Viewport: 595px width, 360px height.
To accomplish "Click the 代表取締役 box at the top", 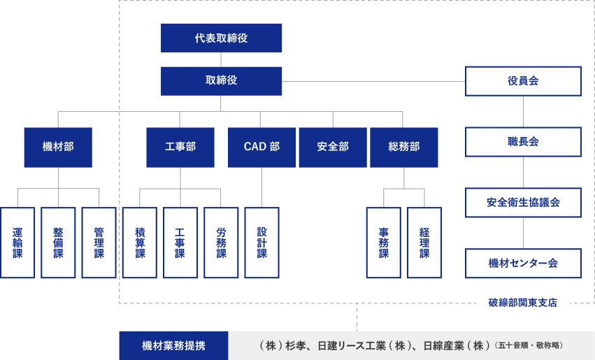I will [x=221, y=38].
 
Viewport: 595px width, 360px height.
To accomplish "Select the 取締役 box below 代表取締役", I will [x=221, y=80].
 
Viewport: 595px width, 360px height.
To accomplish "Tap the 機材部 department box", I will [x=58, y=147].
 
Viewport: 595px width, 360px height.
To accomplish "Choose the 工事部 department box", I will [x=180, y=147].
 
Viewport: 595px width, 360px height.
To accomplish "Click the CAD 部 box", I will [x=261, y=147].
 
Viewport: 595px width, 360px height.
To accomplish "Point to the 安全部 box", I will [x=332, y=147].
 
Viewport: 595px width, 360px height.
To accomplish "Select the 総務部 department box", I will [x=403, y=147].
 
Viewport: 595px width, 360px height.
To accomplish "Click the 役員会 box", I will [x=523, y=80].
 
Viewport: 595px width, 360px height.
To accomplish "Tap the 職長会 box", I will [x=523, y=142].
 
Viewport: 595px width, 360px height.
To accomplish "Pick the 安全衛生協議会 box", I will [x=523, y=203].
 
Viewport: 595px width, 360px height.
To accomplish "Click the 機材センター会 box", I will [x=523, y=264].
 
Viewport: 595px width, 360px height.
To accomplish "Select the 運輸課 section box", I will [x=17, y=243].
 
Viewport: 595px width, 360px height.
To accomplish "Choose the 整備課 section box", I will [x=58, y=243].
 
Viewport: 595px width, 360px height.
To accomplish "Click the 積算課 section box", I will [x=140, y=243].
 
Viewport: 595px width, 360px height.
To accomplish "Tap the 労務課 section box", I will [x=221, y=243].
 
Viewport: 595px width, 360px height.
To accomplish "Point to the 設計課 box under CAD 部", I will [x=261, y=243].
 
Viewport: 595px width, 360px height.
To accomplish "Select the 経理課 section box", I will [x=424, y=243].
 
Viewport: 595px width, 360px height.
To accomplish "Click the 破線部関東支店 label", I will [x=523, y=303].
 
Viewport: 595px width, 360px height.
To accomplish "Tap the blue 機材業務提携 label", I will [x=173, y=345].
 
